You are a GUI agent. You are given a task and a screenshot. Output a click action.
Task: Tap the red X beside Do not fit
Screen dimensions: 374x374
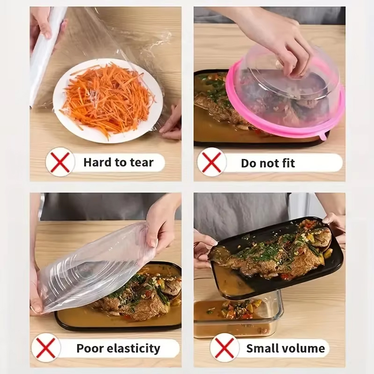pyautogui.click(x=212, y=162)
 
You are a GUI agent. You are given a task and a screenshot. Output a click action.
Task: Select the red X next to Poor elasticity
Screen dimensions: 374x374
pyautogui.click(x=46, y=348)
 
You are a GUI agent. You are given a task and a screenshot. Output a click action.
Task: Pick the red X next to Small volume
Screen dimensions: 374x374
pyautogui.click(x=225, y=348)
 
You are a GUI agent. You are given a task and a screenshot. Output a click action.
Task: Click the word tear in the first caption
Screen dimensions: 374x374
pyautogui.click(x=142, y=162)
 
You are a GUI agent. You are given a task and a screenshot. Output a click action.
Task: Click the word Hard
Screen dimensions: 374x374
pyautogui.click(x=97, y=162)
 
